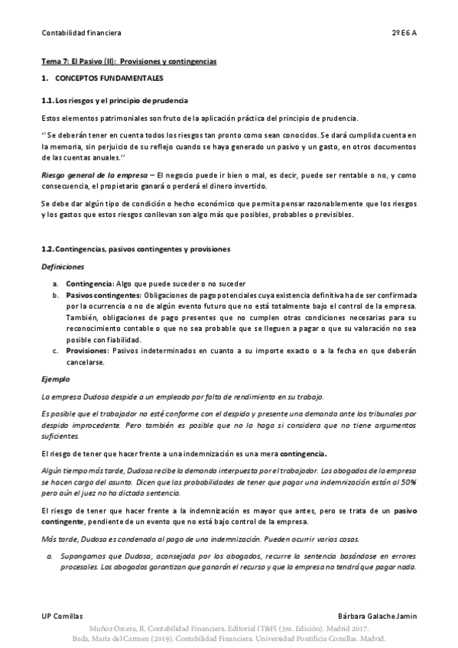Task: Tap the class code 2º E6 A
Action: click(x=404, y=33)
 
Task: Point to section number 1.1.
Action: click(x=47, y=101)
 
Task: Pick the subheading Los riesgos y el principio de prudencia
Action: click(x=122, y=101)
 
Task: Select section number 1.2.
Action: click(x=47, y=249)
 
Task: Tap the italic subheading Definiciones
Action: click(x=63, y=267)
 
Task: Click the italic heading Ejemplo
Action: click(x=56, y=379)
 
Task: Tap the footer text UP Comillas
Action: click(x=62, y=615)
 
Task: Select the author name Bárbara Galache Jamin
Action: click(x=377, y=615)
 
